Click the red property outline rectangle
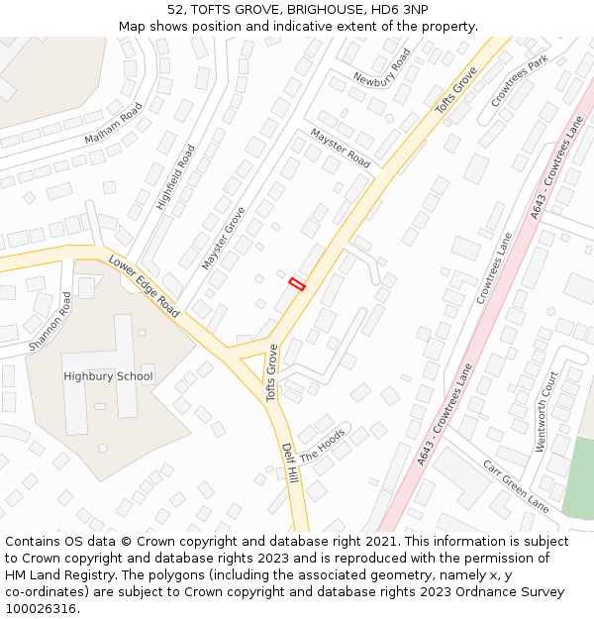pyautogui.click(x=297, y=284)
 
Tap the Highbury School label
pyautogui.click(x=108, y=376)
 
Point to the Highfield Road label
pyautogui.click(x=176, y=177)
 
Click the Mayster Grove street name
pyautogui.click(x=224, y=239)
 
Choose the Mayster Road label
pyautogui.click(x=340, y=148)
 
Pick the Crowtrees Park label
pyautogui.click(x=519, y=82)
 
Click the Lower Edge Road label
pyautogui.click(x=145, y=287)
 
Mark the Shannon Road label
pyautogui.click(x=50, y=321)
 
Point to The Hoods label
pyautogui.click(x=323, y=447)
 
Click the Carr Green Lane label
pyautogui.click(x=516, y=485)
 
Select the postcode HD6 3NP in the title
pyautogui.click(x=400, y=10)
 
